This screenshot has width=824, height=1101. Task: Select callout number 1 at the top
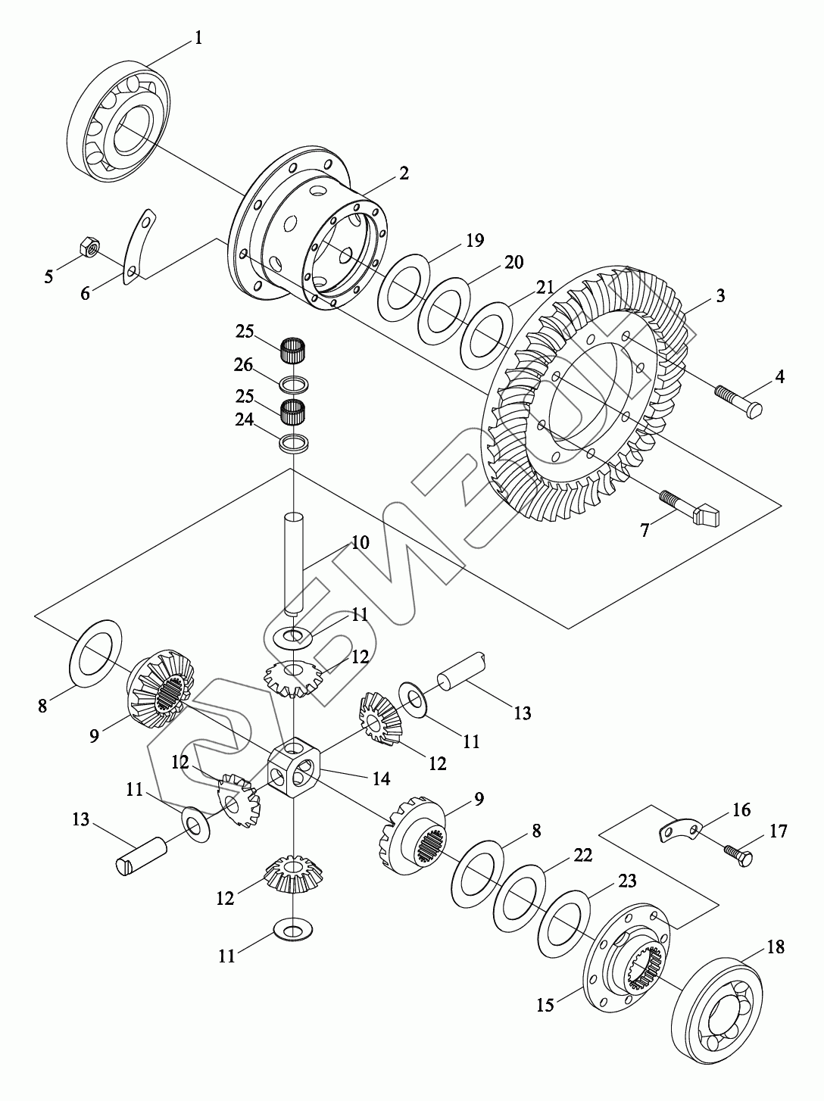pos(198,37)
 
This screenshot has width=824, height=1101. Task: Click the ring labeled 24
pos(294,443)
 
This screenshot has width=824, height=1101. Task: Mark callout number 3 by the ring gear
pos(720,295)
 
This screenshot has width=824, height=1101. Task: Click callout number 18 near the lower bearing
pos(775,947)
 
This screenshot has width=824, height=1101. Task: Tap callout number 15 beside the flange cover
pos(546,1005)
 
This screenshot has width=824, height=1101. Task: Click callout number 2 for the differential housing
pos(404,173)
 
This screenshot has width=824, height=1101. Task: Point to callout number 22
pos(582,855)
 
